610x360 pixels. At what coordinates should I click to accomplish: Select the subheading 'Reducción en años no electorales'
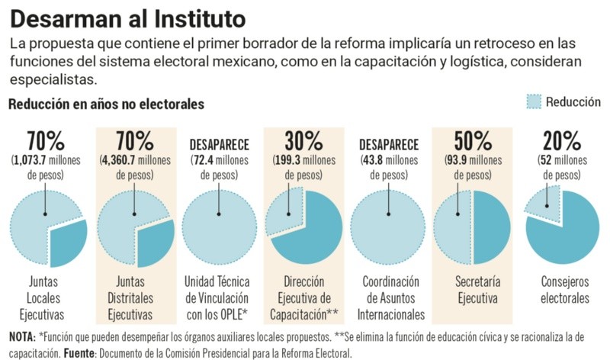[106, 104]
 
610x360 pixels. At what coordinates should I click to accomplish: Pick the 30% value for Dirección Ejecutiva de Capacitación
[303, 141]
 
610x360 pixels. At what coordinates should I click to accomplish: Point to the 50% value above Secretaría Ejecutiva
[472, 141]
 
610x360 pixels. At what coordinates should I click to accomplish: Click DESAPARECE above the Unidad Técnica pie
[219, 144]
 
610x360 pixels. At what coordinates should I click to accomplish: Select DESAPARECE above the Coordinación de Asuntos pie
[389, 144]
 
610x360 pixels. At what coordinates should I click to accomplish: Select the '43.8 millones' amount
[389, 160]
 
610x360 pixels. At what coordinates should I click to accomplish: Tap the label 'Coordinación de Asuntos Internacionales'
[389, 299]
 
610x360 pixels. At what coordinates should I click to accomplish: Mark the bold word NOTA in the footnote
[21, 337]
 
